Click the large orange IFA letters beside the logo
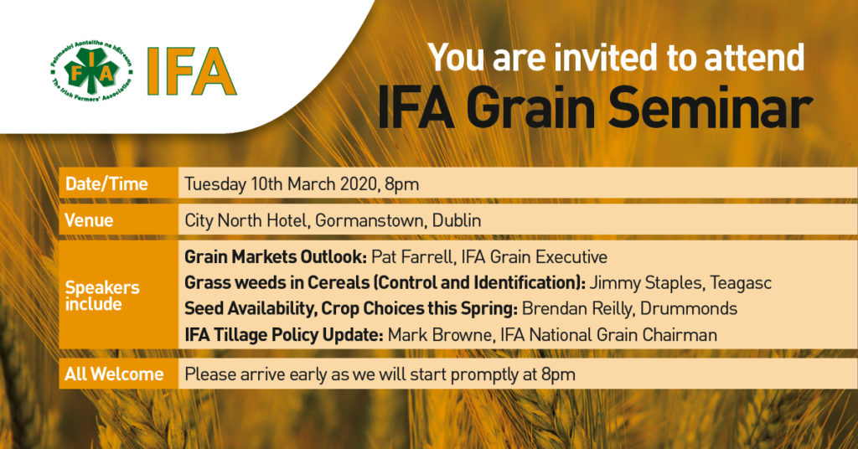(192, 72)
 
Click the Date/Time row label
(106, 183)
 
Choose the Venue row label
(89, 220)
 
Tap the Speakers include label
(102, 296)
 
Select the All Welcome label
(114, 374)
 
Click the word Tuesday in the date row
(215, 184)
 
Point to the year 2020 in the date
(359, 183)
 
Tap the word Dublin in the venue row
(457, 220)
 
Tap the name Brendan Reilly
(578, 309)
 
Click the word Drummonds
(689, 308)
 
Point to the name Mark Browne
(439, 335)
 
